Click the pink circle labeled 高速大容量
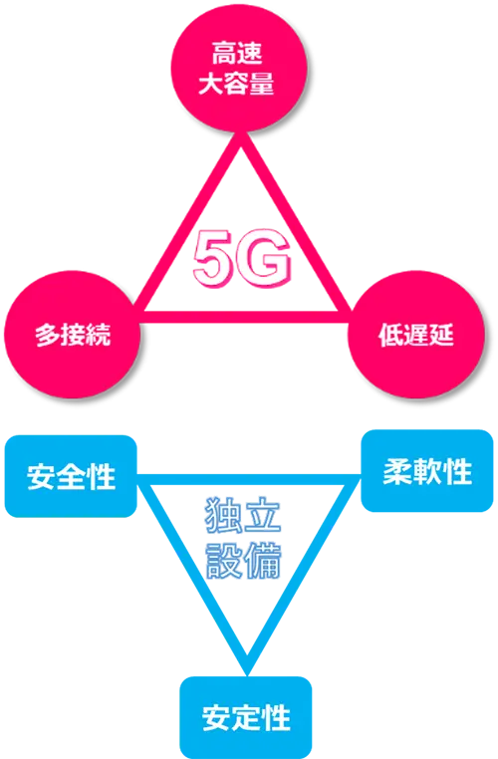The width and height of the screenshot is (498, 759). (239, 68)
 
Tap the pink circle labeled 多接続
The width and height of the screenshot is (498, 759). (72, 335)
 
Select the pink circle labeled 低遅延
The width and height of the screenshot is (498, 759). (416, 335)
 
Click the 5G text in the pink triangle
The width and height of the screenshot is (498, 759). (242, 259)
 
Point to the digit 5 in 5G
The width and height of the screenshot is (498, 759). (215, 259)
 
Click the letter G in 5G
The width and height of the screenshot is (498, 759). (266, 259)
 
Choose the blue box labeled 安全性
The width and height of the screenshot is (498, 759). (71, 476)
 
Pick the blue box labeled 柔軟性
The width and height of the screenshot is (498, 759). (427, 471)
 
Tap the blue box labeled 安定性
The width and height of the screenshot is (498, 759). (246, 717)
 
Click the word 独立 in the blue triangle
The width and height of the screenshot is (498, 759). (243, 515)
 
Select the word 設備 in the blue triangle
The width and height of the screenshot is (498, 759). (243, 561)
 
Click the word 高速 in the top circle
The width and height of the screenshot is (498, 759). (237, 53)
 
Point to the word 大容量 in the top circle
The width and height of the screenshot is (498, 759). (237, 83)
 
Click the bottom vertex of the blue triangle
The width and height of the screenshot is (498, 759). (247, 673)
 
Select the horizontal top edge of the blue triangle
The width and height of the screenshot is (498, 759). (249, 480)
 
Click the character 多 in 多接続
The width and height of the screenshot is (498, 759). (47, 335)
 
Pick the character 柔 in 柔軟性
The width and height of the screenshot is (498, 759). (396, 471)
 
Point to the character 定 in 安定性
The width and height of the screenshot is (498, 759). (246, 718)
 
